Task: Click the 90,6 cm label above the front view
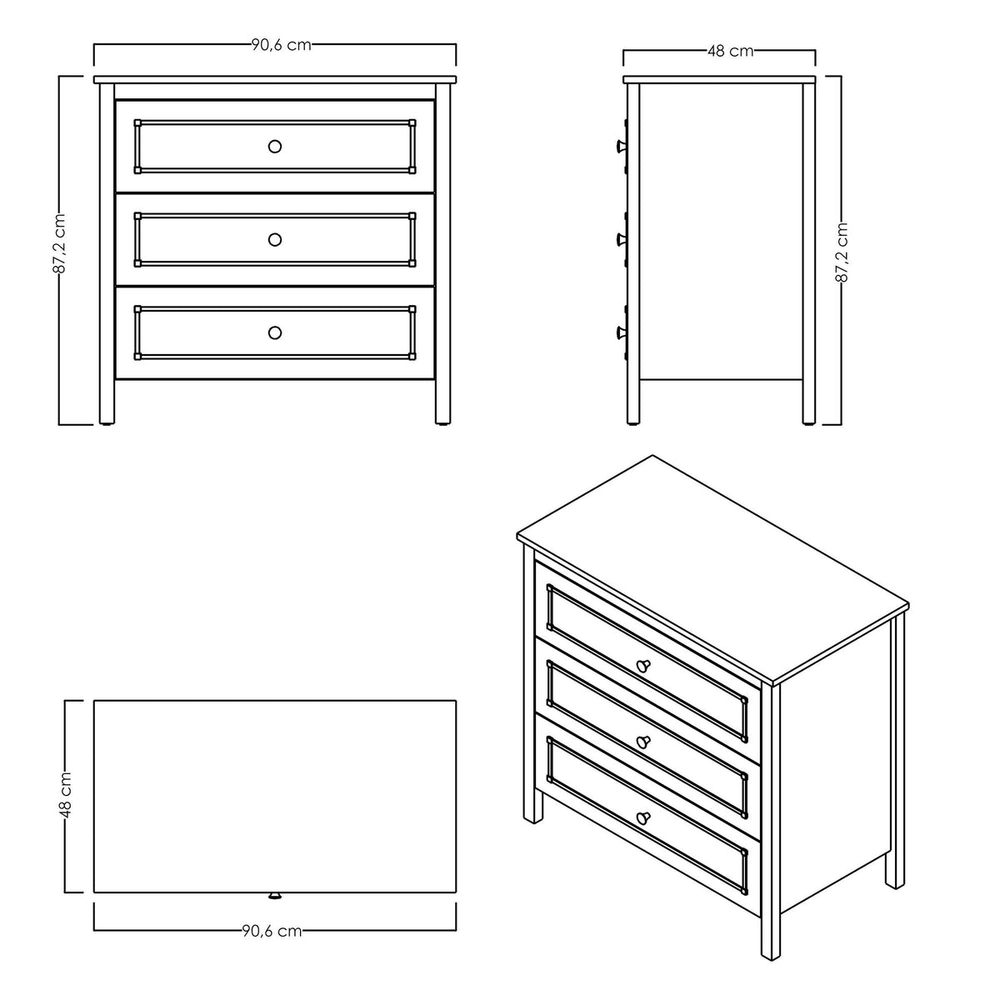tap(282, 45)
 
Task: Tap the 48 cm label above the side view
tap(730, 51)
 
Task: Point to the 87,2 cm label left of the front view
tap(60, 242)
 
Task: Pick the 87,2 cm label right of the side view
tap(842, 252)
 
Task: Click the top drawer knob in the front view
tap(275, 147)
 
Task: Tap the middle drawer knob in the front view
tap(275, 239)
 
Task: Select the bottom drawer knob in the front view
tap(275, 332)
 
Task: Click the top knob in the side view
tap(621, 147)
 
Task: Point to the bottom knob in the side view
tap(621, 332)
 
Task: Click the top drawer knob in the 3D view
tap(643, 665)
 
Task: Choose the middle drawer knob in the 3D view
tap(643, 742)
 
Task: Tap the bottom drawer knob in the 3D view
tap(643, 818)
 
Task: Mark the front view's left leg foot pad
tap(107, 423)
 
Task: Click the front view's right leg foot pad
tap(442, 423)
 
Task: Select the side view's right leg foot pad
tap(808, 423)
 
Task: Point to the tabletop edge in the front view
tap(275, 79)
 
